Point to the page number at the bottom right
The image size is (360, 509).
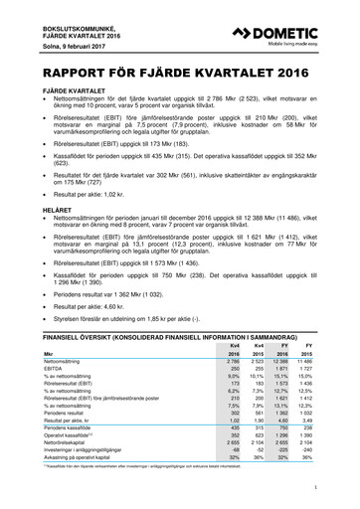coord(313,485)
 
